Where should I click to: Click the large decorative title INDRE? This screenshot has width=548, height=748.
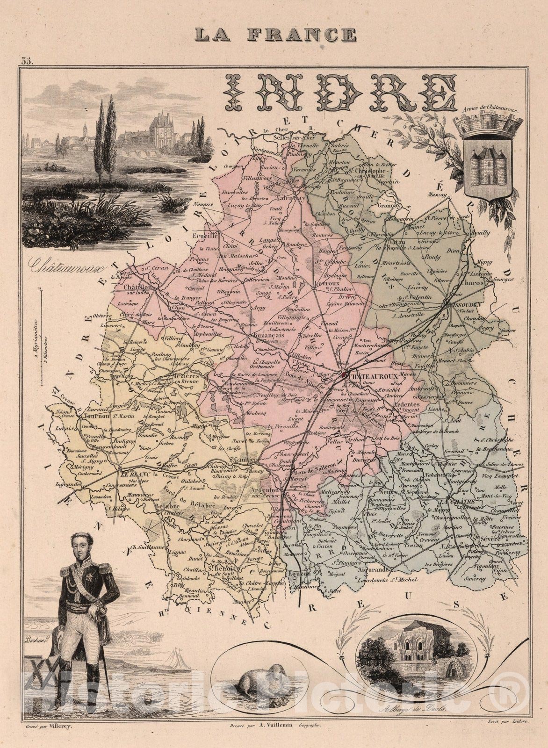(x=341, y=93)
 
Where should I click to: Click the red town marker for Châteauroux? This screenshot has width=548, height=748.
(x=344, y=374)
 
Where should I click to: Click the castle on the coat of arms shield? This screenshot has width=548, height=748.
(x=488, y=167)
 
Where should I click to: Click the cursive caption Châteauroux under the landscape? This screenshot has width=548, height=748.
(x=65, y=266)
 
